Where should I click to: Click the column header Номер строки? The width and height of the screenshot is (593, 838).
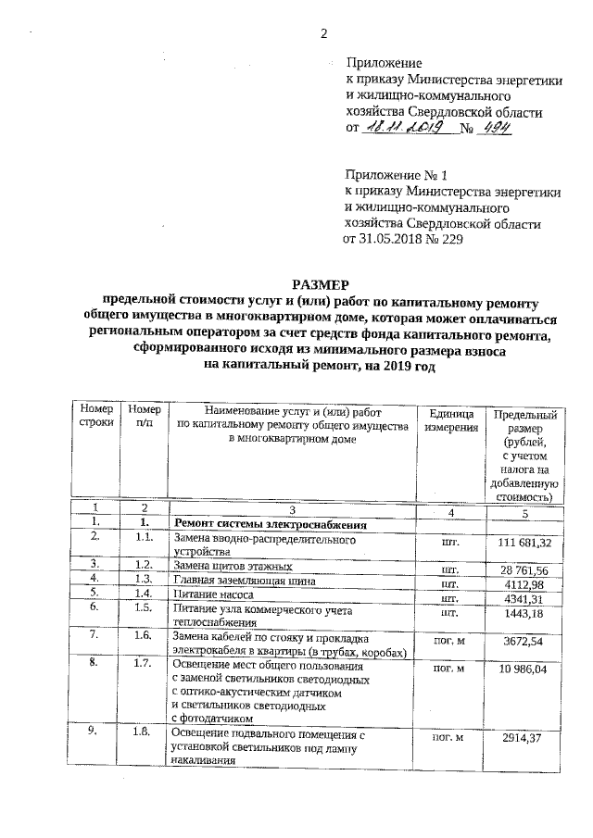pos(95,415)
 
